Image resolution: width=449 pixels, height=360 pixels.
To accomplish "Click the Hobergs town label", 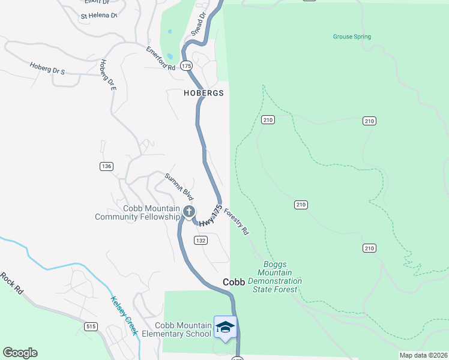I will [x=203, y=94].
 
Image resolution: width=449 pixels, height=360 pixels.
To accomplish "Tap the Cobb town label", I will [x=234, y=282].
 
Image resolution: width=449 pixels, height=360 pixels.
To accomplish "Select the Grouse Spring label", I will [x=352, y=37].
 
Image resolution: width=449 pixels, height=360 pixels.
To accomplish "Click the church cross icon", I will [x=189, y=211].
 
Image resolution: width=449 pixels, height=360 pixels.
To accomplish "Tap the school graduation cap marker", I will [x=225, y=327].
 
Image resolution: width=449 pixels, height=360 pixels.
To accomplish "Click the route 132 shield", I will [x=200, y=240].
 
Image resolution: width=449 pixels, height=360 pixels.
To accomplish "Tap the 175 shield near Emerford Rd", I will [x=185, y=65].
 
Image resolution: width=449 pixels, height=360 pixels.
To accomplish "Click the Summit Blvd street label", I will [x=181, y=186].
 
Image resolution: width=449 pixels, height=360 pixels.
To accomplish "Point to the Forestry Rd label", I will [x=237, y=221].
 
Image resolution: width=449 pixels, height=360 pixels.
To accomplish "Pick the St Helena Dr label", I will [x=99, y=15].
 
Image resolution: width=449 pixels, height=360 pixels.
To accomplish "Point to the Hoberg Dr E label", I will [x=108, y=75].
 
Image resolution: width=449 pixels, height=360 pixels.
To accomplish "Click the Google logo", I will [x=20, y=353].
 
